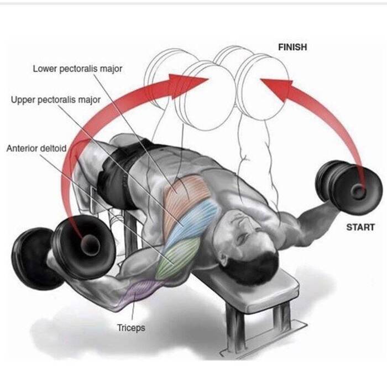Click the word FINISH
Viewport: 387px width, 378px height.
click(292, 47)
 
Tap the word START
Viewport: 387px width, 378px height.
click(360, 227)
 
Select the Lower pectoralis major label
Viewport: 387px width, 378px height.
click(77, 69)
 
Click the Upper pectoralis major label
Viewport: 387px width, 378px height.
click(56, 100)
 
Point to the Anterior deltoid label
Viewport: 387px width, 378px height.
click(36, 148)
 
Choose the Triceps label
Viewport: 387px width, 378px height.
click(131, 328)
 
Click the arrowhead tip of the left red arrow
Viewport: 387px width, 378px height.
click(209, 79)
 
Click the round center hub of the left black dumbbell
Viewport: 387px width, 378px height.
click(90, 245)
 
